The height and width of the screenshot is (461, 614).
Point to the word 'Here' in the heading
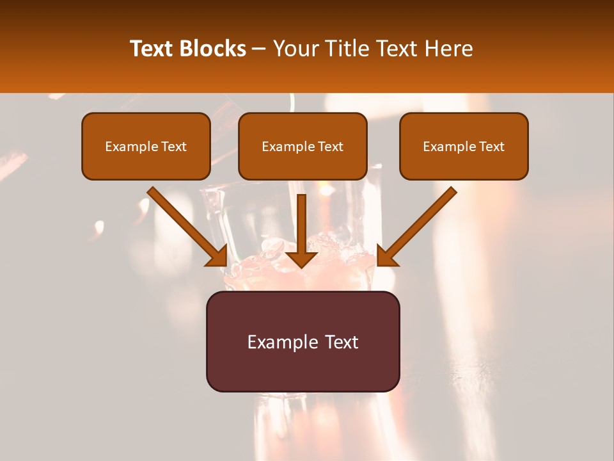450,49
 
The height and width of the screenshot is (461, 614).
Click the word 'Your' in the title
294,49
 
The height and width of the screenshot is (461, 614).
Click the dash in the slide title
259,49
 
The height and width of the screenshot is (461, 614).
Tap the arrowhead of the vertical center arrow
301,257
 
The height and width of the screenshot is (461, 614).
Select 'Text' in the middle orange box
330,147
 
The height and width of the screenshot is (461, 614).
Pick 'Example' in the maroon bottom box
282,343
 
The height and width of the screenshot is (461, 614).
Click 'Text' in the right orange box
491,147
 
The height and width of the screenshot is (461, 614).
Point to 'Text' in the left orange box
173,147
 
